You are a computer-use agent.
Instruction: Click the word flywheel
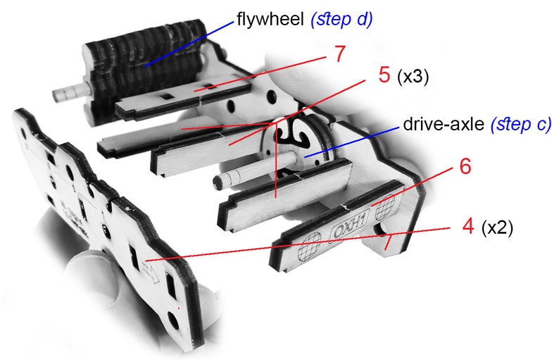pos(270,19)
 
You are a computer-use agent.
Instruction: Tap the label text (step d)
pos(341,20)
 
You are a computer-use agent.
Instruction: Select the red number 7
pos(340,54)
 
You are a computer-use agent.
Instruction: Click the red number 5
pos(384,75)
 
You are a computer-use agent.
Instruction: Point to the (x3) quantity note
pos(413,76)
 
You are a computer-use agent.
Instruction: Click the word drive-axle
pos(444,124)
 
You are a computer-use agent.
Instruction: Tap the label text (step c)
pos(521,125)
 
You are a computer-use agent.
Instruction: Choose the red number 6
pos(465,166)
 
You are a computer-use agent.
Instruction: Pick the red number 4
pos(467,226)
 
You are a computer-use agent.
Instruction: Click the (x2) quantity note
pos(497,228)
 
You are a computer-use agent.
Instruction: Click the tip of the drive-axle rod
pos(218,182)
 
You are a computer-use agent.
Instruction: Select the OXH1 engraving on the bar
pos(349,227)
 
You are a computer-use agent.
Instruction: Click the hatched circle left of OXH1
pos(309,245)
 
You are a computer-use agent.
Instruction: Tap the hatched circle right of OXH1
pos(384,207)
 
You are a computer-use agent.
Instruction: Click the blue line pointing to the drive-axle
pos(351,143)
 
